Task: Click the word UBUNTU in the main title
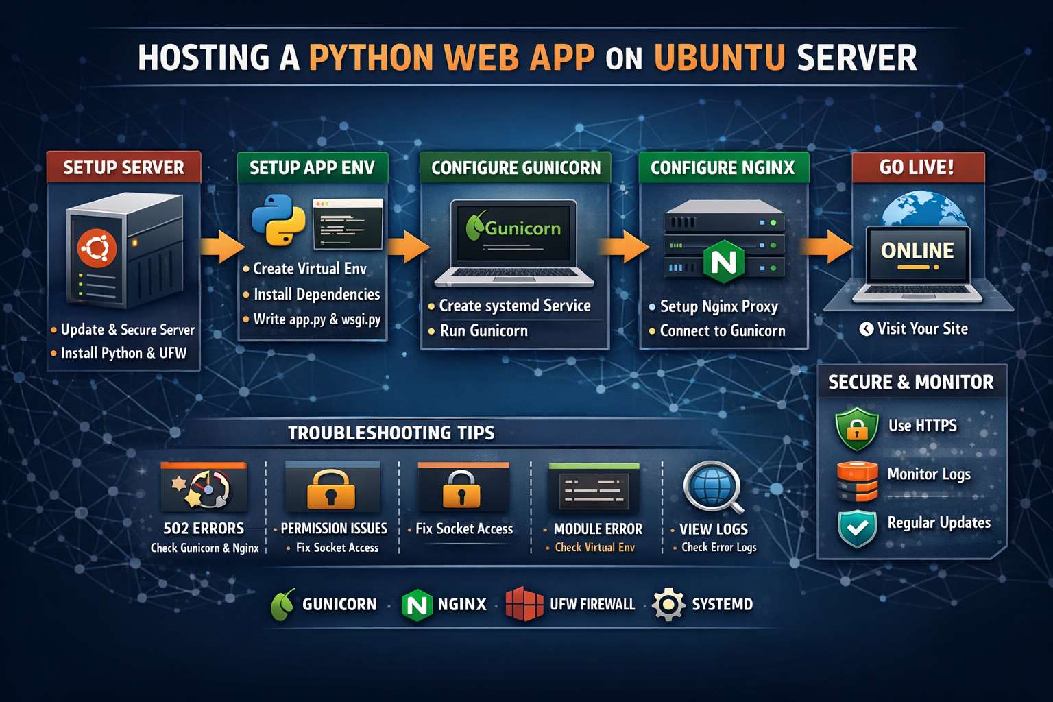click(x=719, y=58)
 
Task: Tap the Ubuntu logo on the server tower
click(x=97, y=248)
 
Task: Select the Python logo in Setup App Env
click(x=278, y=220)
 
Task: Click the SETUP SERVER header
click(x=123, y=168)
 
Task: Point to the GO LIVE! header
click(x=917, y=167)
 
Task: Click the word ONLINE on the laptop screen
click(x=917, y=251)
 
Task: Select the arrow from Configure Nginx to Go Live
click(x=826, y=246)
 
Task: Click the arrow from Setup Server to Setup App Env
click(x=221, y=247)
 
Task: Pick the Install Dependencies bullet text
click(x=316, y=295)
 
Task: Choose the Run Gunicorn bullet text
click(x=483, y=331)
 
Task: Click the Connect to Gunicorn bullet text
click(x=722, y=331)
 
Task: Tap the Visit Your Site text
click(x=922, y=329)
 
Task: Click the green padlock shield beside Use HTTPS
click(x=856, y=428)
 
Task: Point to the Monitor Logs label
click(x=928, y=474)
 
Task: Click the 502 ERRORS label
click(x=204, y=529)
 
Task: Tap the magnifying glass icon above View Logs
click(x=714, y=487)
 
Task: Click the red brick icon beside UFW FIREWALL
click(x=524, y=604)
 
